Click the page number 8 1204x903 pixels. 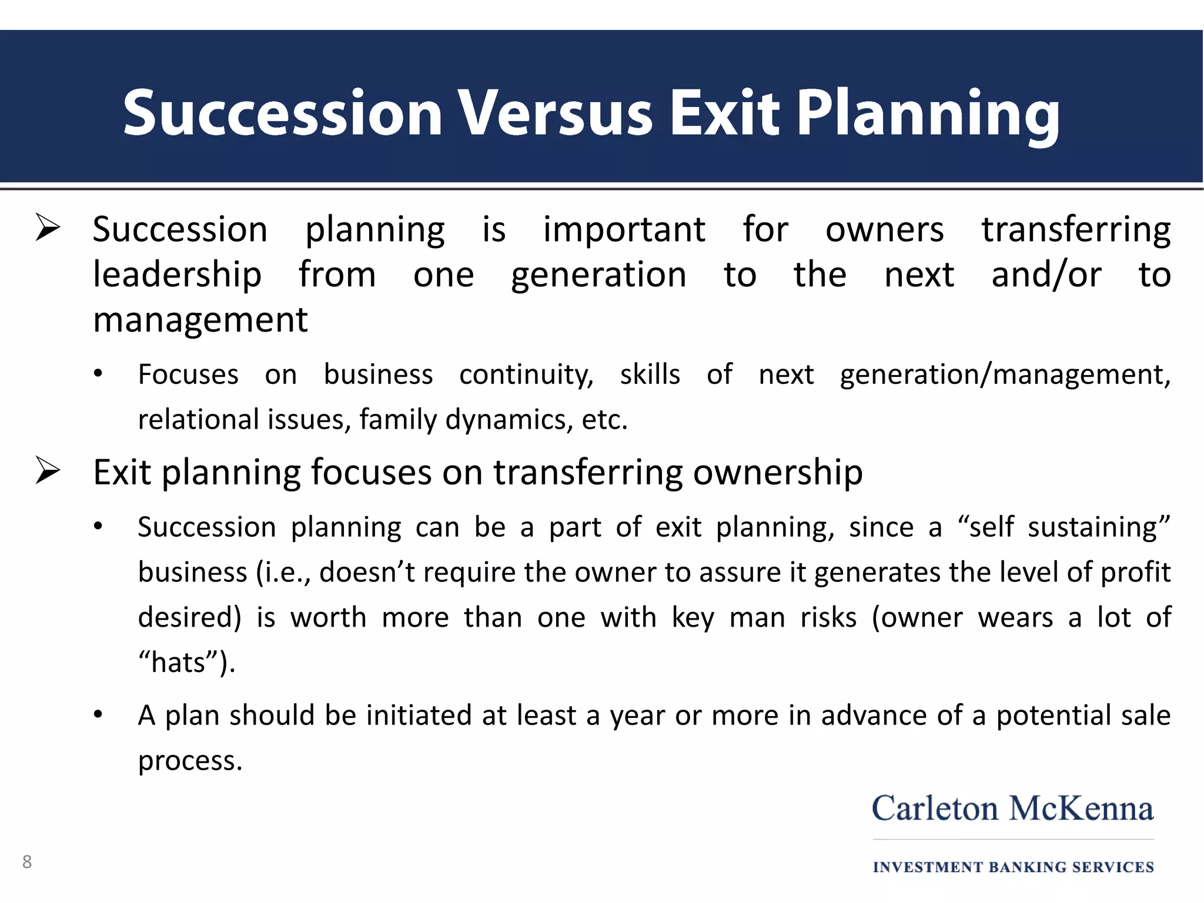tap(27, 862)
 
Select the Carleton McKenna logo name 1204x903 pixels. tap(1012, 808)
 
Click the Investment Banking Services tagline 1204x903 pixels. tap(1013, 867)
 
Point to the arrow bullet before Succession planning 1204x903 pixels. tap(48, 228)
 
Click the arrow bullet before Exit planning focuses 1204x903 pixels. tap(48, 471)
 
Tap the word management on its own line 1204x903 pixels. tap(200, 320)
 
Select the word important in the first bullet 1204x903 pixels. tap(624, 229)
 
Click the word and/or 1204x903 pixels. tap(1046, 275)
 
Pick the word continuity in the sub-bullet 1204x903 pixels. tap(526, 374)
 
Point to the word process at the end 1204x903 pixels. tap(189, 761)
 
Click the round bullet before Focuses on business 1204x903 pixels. tap(98, 374)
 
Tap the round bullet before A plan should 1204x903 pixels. tap(98, 715)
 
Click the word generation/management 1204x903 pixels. tap(1005, 374)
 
